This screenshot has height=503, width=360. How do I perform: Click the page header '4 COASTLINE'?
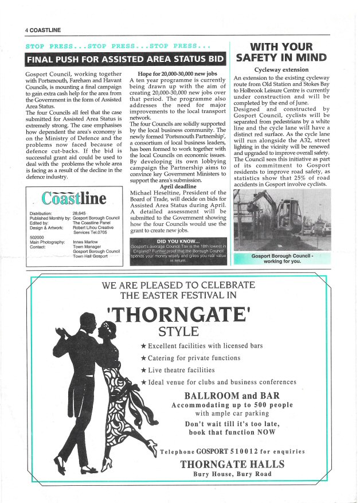click(x=43, y=29)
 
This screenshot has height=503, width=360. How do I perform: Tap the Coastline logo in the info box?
click(x=74, y=198)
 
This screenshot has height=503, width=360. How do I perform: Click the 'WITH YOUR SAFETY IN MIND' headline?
click(x=281, y=52)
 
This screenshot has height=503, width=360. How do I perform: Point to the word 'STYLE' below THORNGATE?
click(x=178, y=332)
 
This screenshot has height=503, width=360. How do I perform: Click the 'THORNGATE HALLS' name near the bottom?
click(x=232, y=464)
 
